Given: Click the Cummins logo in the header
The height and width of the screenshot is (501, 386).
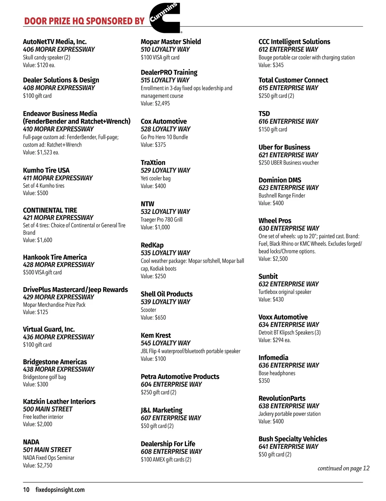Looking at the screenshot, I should (165, 18).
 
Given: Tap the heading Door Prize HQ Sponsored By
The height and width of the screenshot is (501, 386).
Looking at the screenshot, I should (84, 21).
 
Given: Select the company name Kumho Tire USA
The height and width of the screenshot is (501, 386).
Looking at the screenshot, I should (46, 170).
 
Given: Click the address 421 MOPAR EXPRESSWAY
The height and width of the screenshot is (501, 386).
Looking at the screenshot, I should (58, 217).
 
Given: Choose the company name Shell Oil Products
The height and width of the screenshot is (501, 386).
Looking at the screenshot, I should (167, 294).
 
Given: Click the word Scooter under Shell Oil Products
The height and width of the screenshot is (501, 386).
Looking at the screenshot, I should (148, 310).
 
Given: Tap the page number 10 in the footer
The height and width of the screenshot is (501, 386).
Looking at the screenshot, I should (26, 490).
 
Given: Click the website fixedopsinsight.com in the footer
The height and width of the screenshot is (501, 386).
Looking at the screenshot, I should (60, 490).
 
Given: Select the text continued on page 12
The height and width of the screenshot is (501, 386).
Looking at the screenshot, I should (343, 468).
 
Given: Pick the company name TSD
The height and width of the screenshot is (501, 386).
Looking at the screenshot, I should (264, 114).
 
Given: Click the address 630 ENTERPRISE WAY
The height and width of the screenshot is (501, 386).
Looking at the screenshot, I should (289, 228).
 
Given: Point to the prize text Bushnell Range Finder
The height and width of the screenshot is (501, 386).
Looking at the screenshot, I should (282, 196).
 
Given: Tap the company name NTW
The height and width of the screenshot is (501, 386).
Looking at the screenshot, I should (147, 204).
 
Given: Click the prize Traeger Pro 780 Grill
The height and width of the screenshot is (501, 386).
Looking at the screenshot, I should (161, 220).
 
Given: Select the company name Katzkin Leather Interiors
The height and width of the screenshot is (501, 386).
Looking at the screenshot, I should (59, 401).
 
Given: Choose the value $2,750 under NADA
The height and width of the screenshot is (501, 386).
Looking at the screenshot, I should (37, 465).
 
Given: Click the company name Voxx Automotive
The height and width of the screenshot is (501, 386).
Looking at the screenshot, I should (283, 317).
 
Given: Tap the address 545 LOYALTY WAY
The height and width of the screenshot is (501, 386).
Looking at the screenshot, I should (165, 343).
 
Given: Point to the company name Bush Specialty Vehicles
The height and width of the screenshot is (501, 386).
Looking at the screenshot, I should (293, 439).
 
